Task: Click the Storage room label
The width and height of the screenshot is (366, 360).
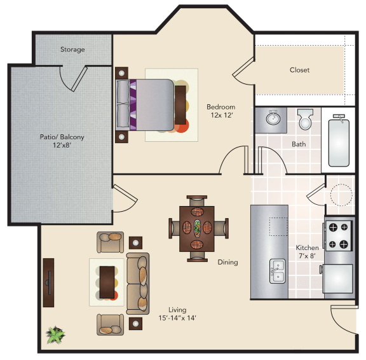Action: pyautogui.click(x=72, y=50)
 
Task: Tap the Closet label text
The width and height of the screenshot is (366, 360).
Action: pyautogui.click(x=299, y=70)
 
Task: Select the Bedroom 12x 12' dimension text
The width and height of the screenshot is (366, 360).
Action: pyautogui.click(x=221, y=111)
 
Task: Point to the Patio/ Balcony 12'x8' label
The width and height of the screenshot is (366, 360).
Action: pyautogui.click(x=62, y=141)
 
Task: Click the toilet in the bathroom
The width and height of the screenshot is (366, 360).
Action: pyautogui.click(x=305, y=119)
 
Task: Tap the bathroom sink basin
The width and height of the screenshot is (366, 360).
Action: pyautogui.click(x=273, y=118)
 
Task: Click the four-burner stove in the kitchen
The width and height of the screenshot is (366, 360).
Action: pyautogui.click(x=339, y=236)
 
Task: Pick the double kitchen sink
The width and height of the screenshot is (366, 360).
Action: pyautogui.click(x=278, y=271)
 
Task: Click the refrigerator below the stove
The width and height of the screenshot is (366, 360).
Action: pyautogui.click(x=337, y=279)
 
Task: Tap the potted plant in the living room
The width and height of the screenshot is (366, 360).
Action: pyautogui.click(x=55, y=335)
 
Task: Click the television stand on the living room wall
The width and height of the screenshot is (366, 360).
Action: pyautogui.click(x=48, y=282)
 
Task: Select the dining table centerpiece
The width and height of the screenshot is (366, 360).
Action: pyautogui.click(x=197, y=228)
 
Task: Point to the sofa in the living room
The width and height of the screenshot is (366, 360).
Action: pyautogui.click(x=138, y=284)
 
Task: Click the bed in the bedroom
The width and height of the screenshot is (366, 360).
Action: pyautogui.click(x=145, y=105)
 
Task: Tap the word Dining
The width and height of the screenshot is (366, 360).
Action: pyautogui.click(x=227, y=262)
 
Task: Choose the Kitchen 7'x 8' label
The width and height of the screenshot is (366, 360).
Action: pyautogui.click(x=307, y=252)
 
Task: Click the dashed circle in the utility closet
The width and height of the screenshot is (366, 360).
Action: pyautogui.click(x=341, y=195)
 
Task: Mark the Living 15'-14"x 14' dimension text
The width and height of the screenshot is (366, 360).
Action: pyautogui.click(x=177, y=314)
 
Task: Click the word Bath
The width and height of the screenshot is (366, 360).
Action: pyautogui.click(x=299, y=144)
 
